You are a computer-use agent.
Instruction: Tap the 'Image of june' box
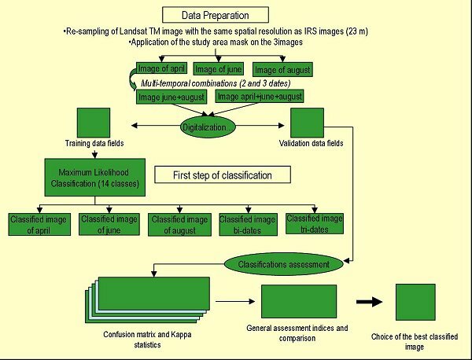[217, 69]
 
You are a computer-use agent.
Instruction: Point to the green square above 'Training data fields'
[94, 122]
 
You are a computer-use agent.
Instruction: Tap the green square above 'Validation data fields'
[308, 122]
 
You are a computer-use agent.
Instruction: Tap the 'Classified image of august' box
[179, 223]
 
